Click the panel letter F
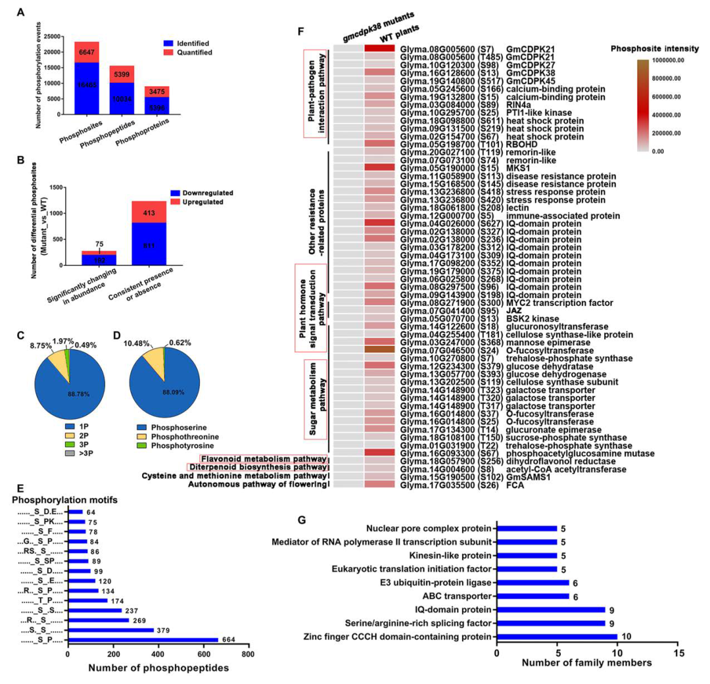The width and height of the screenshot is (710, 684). [301, 31]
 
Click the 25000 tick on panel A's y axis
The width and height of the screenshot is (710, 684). [58, 36]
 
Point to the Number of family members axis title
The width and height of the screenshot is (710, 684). [587, 662]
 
